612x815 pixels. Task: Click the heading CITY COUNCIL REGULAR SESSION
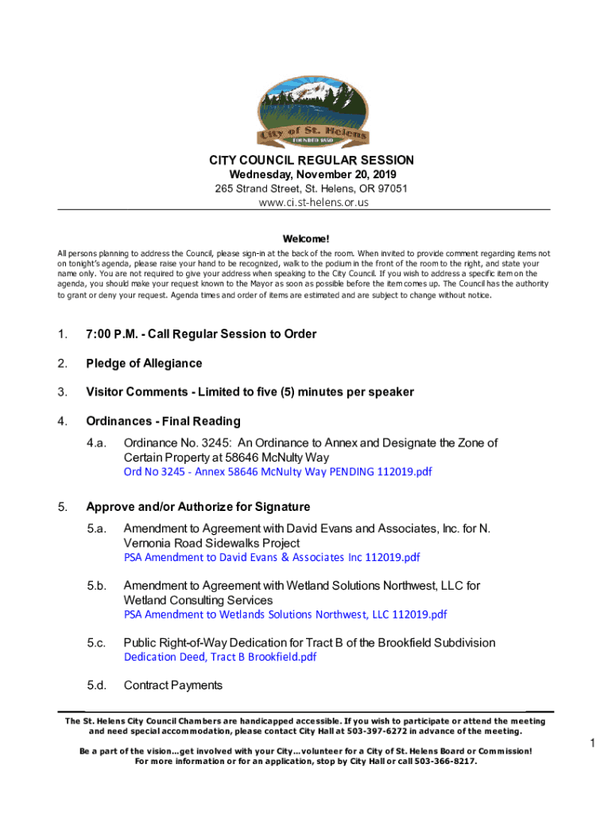306,161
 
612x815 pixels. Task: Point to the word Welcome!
306,239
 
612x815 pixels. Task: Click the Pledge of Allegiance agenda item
144,364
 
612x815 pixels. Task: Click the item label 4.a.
97,443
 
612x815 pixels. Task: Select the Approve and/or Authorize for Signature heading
198,507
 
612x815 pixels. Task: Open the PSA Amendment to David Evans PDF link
272,557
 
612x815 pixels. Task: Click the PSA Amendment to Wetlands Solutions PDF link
285,614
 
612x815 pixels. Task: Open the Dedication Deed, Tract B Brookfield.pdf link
220,657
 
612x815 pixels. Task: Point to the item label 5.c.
97,643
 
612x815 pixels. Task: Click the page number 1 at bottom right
593,743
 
